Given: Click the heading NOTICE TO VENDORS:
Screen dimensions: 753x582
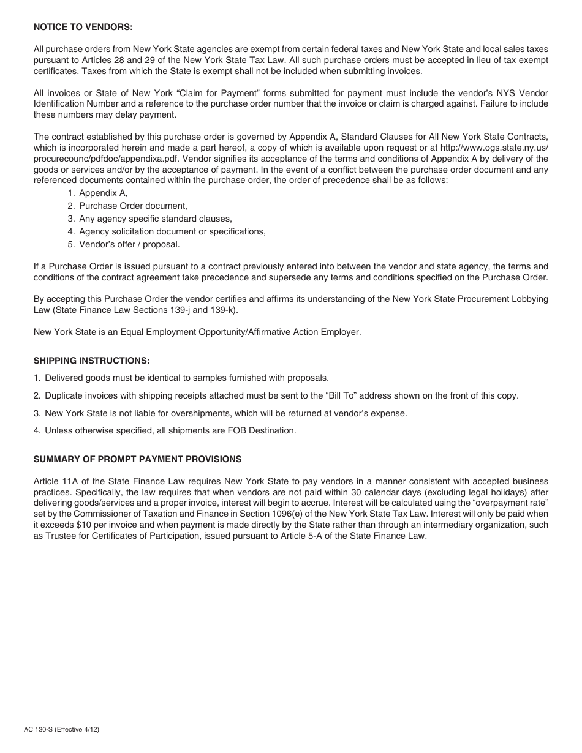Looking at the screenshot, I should pyautogui.click(x=83, y=27).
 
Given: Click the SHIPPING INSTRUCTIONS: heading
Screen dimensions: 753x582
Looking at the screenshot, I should pyautogui.click(x=91, y=361).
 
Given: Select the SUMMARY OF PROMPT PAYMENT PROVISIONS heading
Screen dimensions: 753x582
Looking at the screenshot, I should pyautogui.click(x=137, y=459).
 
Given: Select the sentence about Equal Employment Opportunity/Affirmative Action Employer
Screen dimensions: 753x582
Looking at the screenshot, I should pyautogui.click(x=197, y=332).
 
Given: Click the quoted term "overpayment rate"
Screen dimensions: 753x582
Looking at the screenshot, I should pyautogui.click(x=508, y=503).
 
